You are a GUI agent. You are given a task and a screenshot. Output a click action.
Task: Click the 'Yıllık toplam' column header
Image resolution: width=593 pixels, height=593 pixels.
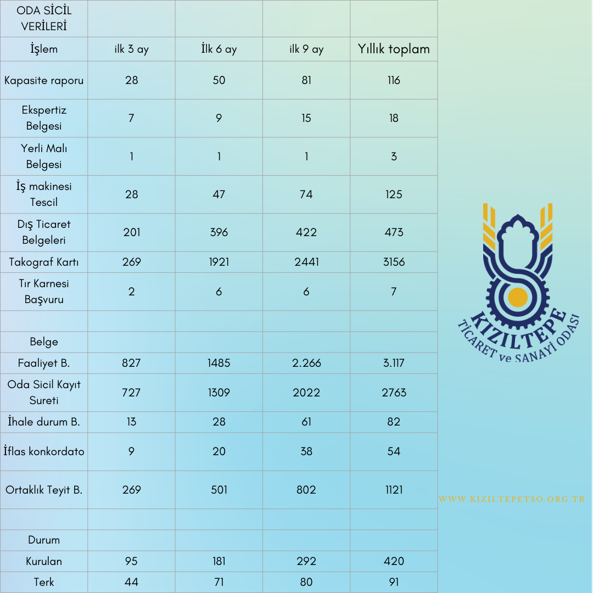click(394, 49)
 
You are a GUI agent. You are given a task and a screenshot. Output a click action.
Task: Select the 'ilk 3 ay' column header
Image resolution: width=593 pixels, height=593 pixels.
click(131, 49)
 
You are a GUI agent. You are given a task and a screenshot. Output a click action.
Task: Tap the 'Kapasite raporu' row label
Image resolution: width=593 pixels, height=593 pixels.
click(44, 80)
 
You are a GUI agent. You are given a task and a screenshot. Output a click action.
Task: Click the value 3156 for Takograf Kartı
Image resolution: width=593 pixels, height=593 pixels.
click(394, 262)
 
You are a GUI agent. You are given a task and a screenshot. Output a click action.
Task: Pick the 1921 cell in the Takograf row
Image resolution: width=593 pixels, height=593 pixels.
click(219, 262)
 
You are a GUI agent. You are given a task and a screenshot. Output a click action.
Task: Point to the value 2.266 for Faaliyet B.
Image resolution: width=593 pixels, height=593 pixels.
click(306, 363)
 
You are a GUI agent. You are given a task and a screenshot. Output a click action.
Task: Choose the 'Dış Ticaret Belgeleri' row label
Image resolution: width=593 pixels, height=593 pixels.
click(44, 232)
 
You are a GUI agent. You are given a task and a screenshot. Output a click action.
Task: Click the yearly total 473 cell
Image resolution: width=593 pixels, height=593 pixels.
click(394, 232)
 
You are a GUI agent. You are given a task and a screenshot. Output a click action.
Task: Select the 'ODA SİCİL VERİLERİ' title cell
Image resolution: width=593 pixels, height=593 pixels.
click(44, 18)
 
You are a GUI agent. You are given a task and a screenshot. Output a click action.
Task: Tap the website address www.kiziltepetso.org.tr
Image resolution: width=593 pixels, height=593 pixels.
click(512, 499)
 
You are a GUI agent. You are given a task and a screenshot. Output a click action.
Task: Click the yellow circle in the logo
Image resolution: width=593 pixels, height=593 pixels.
click(518, 296)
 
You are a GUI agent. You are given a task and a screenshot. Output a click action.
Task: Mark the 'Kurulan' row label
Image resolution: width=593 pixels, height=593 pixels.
click(44, 561)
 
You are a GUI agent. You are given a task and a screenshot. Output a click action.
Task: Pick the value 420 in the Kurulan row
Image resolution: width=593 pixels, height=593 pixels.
click(394, 561)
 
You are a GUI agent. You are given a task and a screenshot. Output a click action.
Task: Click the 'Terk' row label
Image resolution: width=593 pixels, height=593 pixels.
click(44, 582)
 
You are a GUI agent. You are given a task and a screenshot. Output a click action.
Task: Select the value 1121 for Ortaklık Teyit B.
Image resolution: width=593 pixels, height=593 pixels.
click(394, 490)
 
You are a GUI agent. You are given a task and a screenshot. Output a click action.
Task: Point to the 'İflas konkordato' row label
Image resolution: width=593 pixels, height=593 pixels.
click(44, 451)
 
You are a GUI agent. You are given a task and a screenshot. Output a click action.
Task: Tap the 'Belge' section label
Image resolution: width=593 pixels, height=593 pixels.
click(44, 342)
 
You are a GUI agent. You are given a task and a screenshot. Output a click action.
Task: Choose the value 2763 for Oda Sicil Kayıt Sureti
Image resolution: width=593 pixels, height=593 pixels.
click(394, 393)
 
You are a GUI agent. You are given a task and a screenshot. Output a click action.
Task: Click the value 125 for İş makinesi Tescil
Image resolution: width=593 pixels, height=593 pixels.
click(394, 194)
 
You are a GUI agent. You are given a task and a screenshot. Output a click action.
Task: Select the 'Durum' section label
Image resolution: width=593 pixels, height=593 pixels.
click(44, 540)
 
